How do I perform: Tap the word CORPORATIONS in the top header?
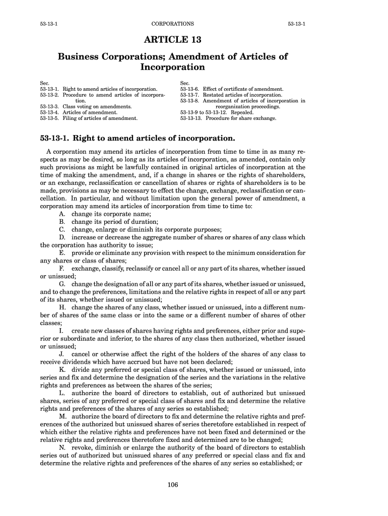point(172,24)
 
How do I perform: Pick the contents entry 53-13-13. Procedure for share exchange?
point(228,118)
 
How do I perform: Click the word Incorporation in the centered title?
point(173,67)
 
